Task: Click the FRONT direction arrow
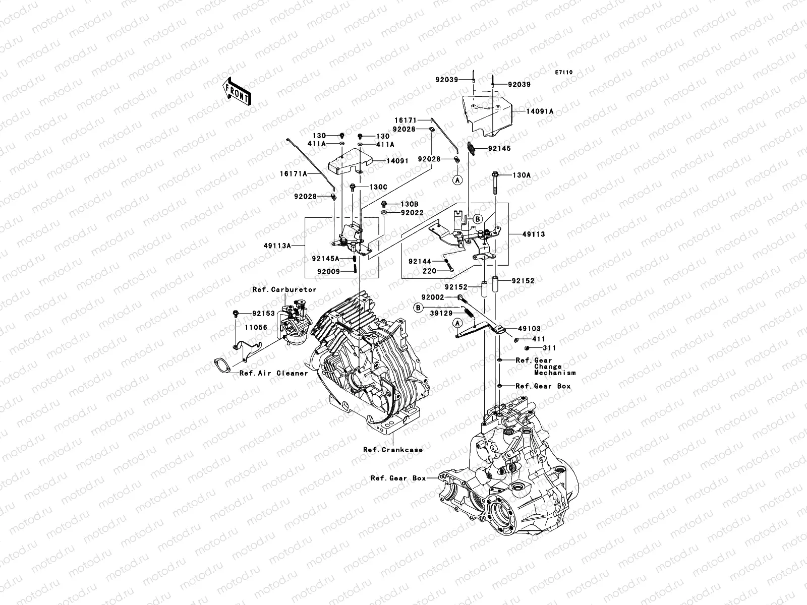tap(237, 91)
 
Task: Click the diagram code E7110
tap(563, 73)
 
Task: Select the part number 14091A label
tap(540, 111)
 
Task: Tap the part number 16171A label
tap(294, 174)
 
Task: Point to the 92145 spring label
tap(499, 148)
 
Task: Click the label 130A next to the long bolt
tap(522, 175)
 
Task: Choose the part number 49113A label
tap(277, 246)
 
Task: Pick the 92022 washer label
tap(412, 213)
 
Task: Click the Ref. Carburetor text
tap(284, 289)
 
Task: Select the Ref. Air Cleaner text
tap(273, 373)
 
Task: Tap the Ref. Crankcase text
tap(392, 450)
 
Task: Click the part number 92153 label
tap(263, 314)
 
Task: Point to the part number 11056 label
tap(256, 327)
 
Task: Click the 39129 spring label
tap(441, 313)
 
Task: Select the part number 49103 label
tap(529, 329)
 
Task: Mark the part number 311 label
tap(549, 348)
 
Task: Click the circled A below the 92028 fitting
tap(457, 180)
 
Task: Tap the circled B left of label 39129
tap(418, 308)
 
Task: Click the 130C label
tap(378, 187)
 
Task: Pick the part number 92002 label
tap(433, 297)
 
